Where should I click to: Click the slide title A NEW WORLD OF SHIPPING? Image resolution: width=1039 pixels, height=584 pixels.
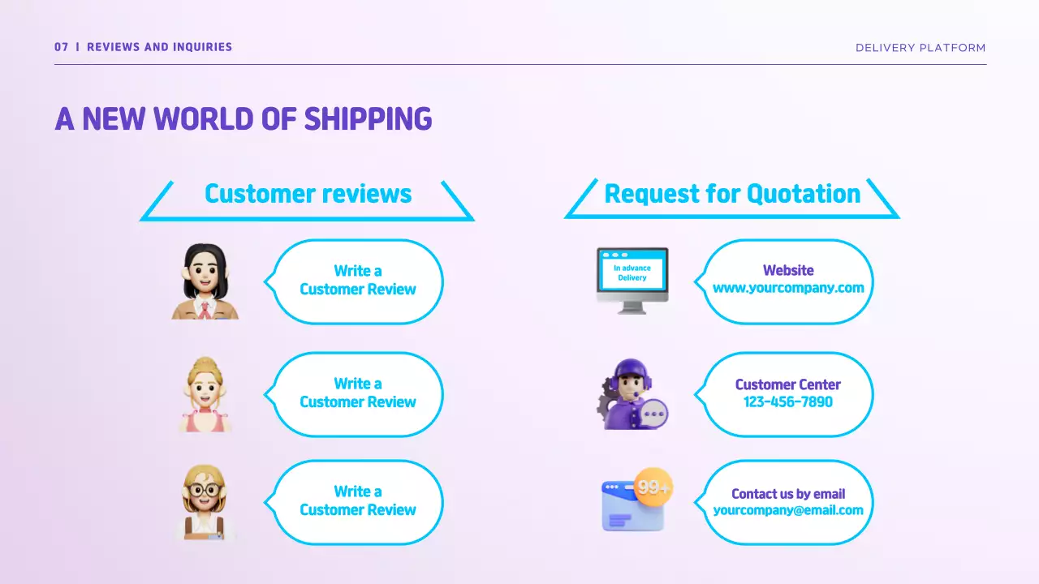point(244,118)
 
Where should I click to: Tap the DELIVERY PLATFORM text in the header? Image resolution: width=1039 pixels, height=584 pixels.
point(920,48)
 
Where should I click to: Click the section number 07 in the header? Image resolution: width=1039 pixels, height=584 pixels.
point(61,47)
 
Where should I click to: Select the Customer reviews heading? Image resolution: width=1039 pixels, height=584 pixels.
point(308,194)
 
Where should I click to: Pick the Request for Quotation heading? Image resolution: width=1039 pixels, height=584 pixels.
point(732,194)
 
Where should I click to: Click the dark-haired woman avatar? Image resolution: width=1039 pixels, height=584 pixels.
point(205,281)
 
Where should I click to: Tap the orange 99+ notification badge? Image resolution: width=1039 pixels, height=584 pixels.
point(653,487)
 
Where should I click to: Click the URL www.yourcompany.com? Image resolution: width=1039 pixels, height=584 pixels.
point(788,288)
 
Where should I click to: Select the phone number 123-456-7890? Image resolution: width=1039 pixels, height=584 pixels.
point(788,401)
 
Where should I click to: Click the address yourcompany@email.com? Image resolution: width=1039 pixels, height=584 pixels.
point(788,510)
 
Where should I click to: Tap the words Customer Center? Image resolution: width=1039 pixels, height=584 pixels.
point(788,384)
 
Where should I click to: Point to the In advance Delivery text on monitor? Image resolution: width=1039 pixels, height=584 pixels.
point(632,273)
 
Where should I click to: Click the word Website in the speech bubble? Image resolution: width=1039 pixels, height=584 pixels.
point(788,270)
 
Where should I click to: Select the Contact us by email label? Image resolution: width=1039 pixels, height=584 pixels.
point(788,493)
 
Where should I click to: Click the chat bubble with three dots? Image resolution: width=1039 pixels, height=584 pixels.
point(653,413)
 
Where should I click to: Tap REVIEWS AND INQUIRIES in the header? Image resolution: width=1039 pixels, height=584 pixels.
point(159,47)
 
